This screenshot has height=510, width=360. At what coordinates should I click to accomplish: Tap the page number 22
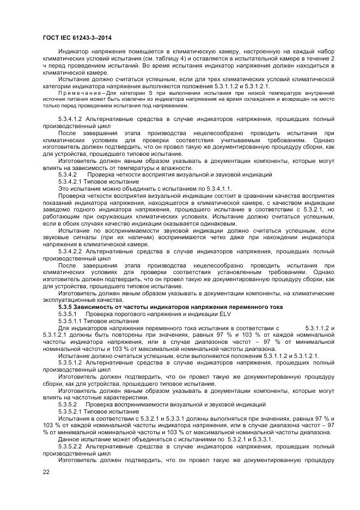coord(46,472)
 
